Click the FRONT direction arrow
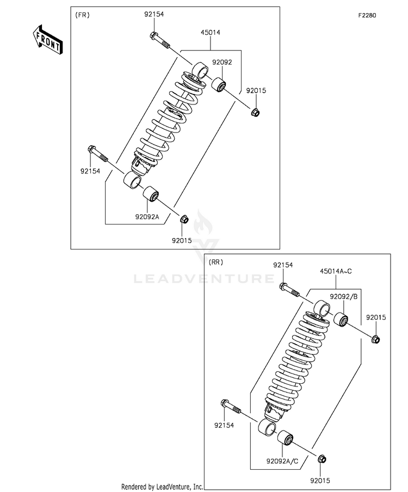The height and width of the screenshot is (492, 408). (46, 39)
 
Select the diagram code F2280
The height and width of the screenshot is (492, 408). (368, 16)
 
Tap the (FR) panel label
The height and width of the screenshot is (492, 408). (82, 15)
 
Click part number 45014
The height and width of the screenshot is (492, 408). (211, 33)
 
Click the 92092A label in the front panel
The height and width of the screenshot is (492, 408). (147, 216)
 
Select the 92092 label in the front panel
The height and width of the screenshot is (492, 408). (222, 63)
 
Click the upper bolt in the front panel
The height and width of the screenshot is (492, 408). (158, 41)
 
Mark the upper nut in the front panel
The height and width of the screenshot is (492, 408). (255, 113)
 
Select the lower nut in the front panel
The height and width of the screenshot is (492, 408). (183, 220)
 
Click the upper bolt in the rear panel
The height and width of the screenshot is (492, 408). (289, 290)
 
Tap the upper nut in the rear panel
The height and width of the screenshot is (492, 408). (375, 340)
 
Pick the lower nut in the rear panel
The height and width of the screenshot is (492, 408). (321, 460)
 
